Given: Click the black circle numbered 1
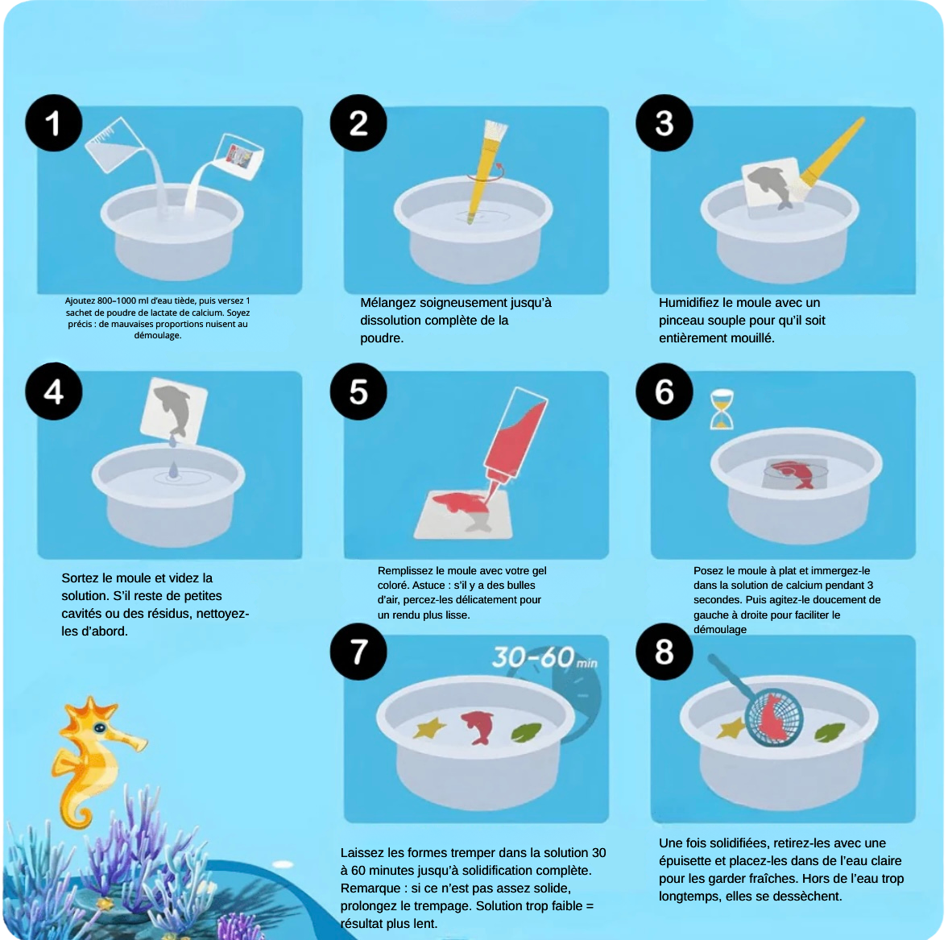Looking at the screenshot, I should point(53,123).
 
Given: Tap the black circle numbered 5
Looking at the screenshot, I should point(358,392).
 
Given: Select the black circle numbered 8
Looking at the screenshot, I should point(664,652).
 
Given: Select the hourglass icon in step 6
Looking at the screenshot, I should point(722,409).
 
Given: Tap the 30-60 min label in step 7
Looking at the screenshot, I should point(544,658).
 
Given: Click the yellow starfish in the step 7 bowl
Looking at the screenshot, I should point(429,728).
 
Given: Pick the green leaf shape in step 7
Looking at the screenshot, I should point(526,732).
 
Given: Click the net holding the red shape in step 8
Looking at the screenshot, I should point(774,716).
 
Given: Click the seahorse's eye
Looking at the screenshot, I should point(100,728).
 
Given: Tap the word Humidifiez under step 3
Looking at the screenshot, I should point(689,303).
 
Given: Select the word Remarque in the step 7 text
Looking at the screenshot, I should point(371,888).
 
